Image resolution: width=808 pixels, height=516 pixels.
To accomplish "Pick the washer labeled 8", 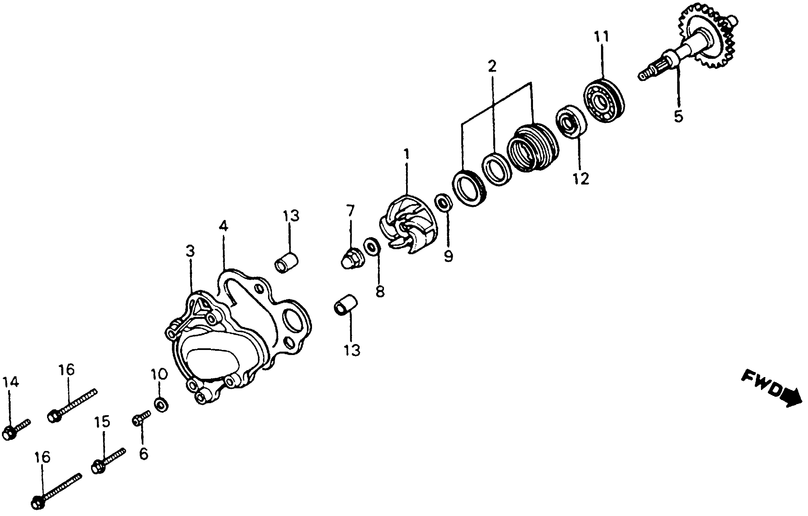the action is pyautogui.click(x=372, y=246).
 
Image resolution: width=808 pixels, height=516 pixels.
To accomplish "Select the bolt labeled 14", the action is pyautogui.click(x=15, y=430).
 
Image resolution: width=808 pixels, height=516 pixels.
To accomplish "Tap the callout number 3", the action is pyautogui.click(x=190, y=252).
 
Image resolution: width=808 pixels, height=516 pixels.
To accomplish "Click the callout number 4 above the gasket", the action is pyautogui.click(x=223, y=227).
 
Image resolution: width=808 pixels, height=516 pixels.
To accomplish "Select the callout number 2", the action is pyautogui.click(x=492, y=67).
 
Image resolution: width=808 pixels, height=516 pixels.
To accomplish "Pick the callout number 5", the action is pyautogui.click(x=678, y=116).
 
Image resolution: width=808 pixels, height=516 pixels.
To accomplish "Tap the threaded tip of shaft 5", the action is pyautogui.click(x=646, y=75).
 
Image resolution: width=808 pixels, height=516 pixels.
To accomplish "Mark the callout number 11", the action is pyautogui.click(x=602, y=37).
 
